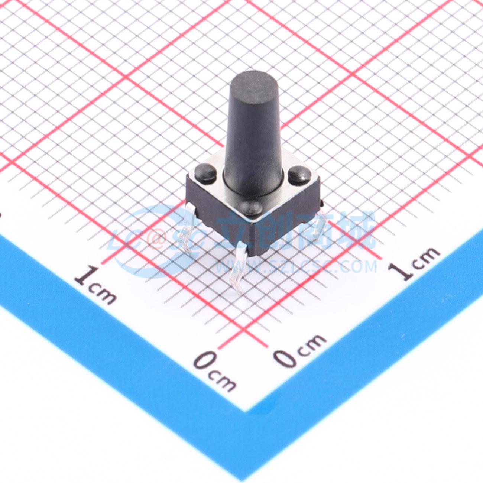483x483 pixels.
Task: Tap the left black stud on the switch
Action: coord(205,172)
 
